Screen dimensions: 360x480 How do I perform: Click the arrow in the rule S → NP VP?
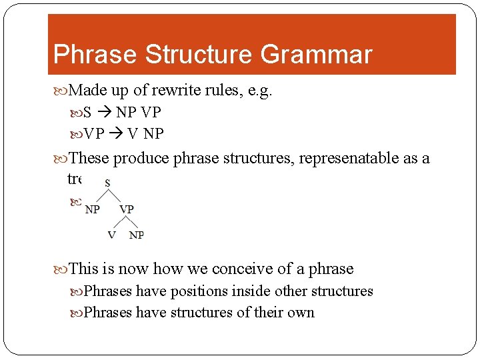tap(104, 112)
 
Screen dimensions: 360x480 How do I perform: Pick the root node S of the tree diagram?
tap(108, 182)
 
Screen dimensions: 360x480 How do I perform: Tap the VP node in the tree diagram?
tap(127, 209)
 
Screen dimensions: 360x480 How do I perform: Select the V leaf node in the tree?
tap(111, 235)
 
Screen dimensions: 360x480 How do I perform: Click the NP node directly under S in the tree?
tap(93, 209)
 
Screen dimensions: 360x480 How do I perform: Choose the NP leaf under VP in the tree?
tap(136, 235)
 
